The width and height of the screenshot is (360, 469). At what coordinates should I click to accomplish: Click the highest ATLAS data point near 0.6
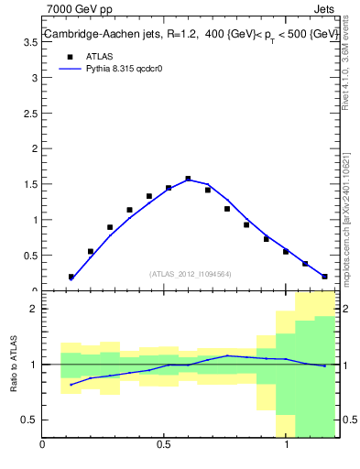click(x=188, y=179)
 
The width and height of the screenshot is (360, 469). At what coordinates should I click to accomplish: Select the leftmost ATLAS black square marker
click(x=71, y=277)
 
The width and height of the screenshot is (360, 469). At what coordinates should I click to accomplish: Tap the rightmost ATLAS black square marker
click(x=324, y=276)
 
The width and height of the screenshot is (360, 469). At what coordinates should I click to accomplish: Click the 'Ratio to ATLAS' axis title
click(x=13, y=364)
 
